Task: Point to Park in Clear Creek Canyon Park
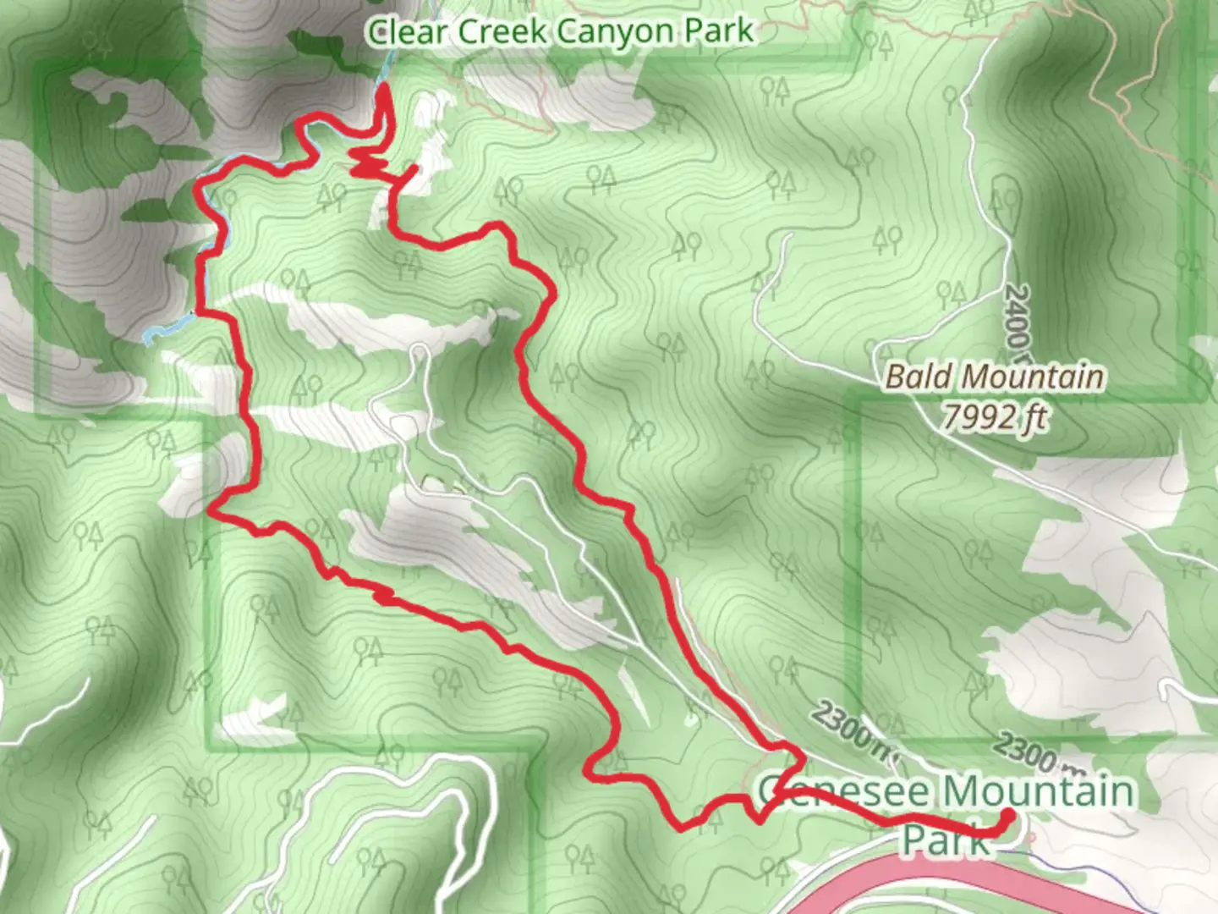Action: pos(718,32)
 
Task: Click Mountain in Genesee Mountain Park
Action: pos(1038,792)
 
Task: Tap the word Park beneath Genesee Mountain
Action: pos(944,839)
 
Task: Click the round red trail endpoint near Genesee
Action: pos(1007,815)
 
